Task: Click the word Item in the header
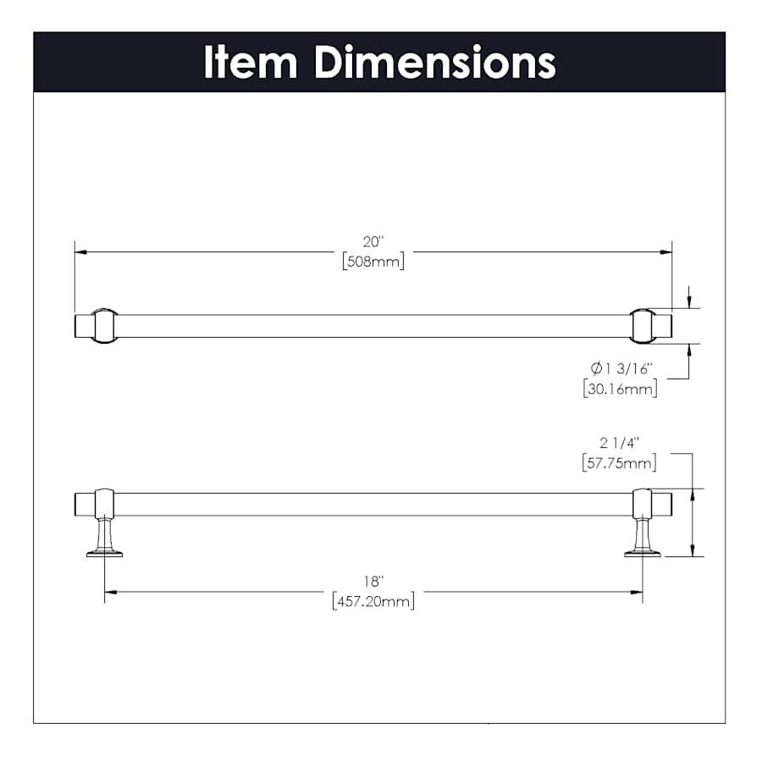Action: pyautogui.click(x=251, y=62)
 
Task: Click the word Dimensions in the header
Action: pyautogui.click(x=435, y=62)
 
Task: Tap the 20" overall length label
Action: pyautogui.click(x=373, y=241)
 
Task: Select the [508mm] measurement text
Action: pyautogui.click(x=373, y=262)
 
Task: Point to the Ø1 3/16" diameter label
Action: pyautogui.click(x=621, y=368)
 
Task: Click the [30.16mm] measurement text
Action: pyautogui.click(x=620, y=389)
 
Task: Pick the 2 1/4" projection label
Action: pyautogui.click(x=619, y=443)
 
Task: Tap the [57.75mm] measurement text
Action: pyautogui.click(x=619, y=462)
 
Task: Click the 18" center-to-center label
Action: pyautogui.click(x=373, y=581)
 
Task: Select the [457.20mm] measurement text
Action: pyautogui.click(x=373, y=602)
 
